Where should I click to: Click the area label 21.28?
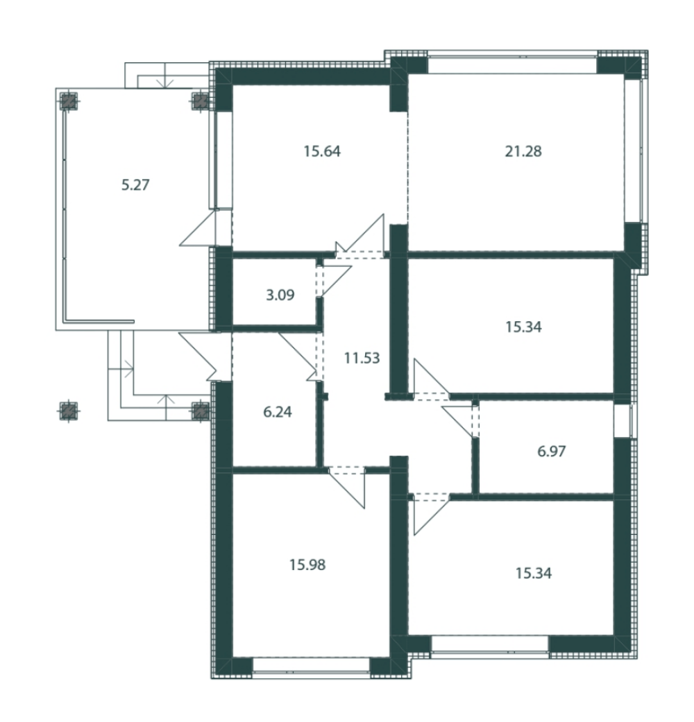click(x=523, y=151)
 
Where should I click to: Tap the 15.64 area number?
click(x=322, y=151)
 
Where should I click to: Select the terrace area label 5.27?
click(x=135, y=184)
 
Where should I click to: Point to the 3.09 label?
click(x=280, y=295)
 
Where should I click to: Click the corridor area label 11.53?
click(x=362, y=358)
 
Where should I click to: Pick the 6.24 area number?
click(x=278, y=412)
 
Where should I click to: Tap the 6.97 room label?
click(x=552, y=451)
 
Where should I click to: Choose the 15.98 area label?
click(x=307, y=565)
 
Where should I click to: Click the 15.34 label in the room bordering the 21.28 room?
click(x=523, y=327)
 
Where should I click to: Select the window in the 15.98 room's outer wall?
click(x=312, y=667)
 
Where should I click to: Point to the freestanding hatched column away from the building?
click(x=69, y=411)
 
